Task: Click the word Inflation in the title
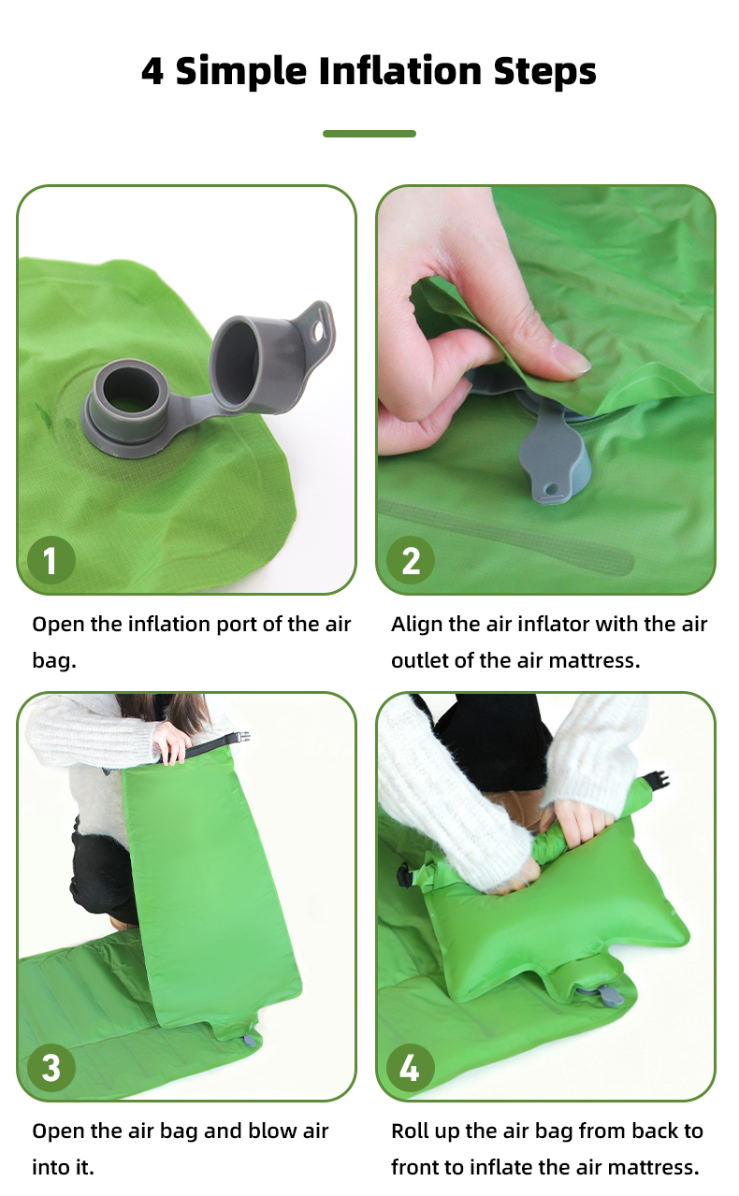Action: click(400, 71)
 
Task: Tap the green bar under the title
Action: click(369, 134)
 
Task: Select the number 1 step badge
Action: click(51, 560)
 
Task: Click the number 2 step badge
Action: click(411, 560)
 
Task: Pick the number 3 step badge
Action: click(51, 1067)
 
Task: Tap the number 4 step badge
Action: click(411, 1067)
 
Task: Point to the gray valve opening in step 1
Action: click(130, 388)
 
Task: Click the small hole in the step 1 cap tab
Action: click(319, 332)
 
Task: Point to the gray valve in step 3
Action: click(248, 1040)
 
